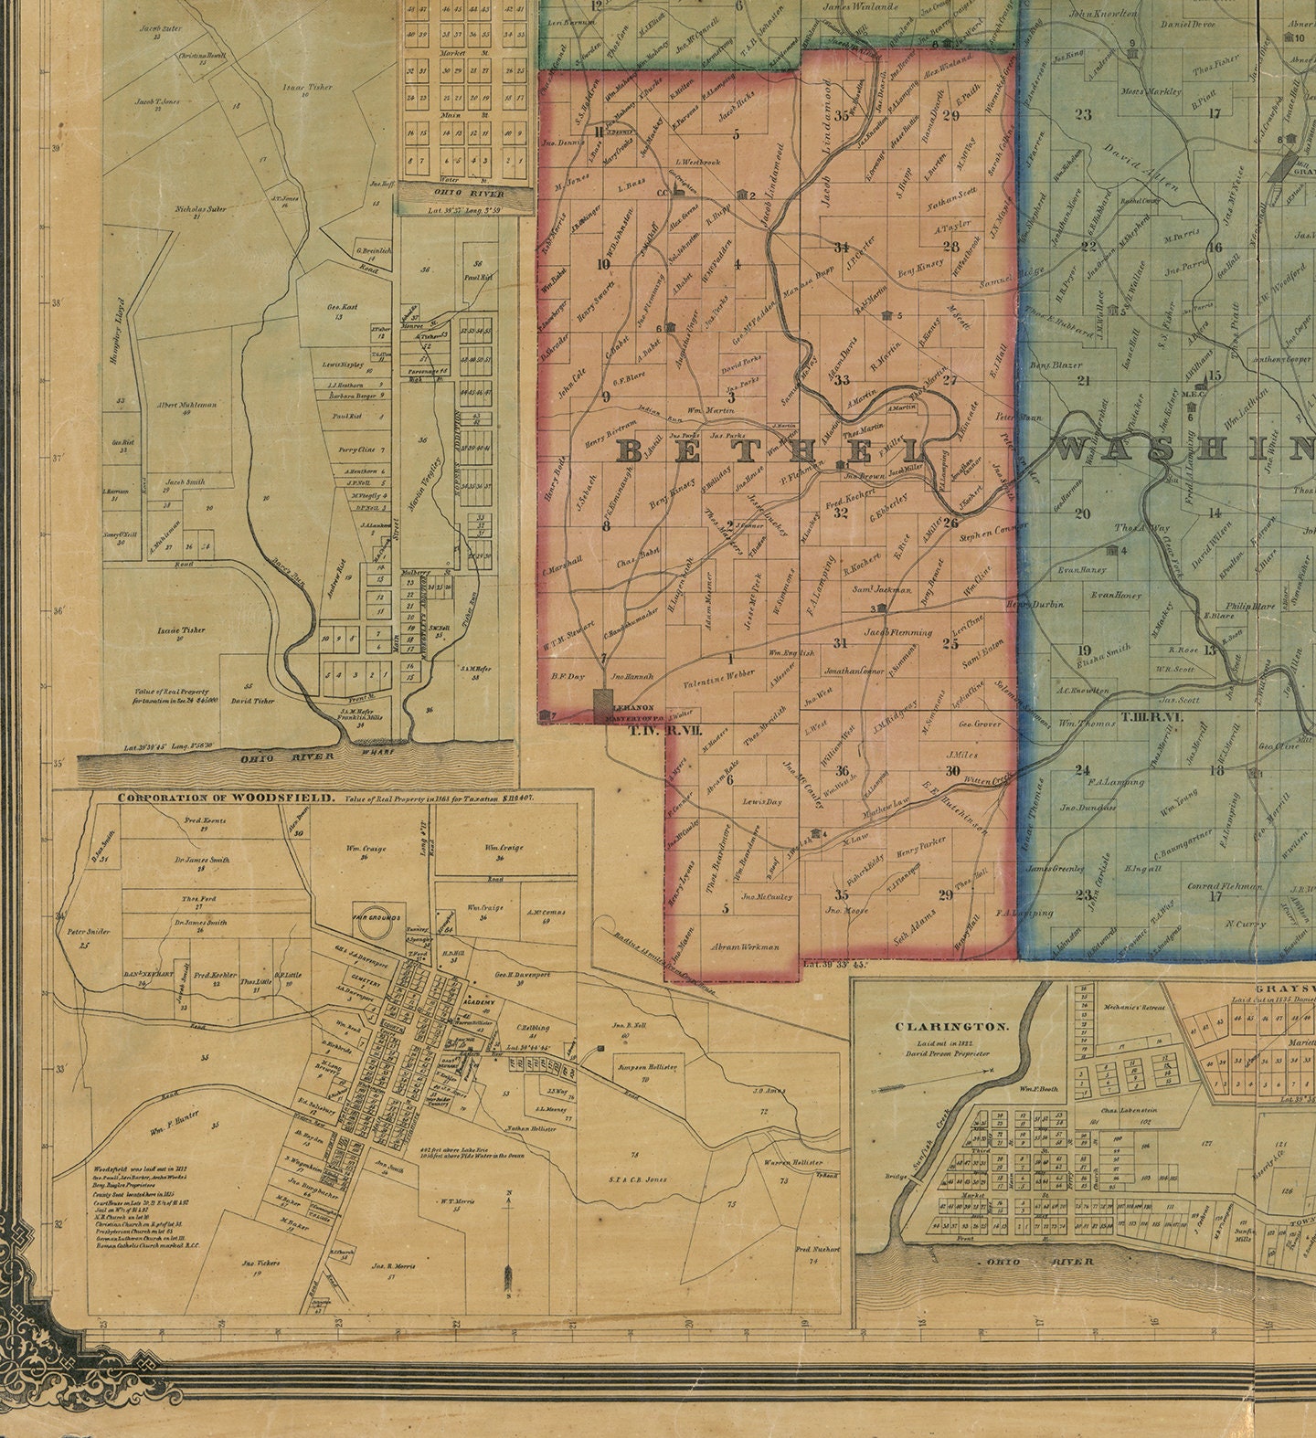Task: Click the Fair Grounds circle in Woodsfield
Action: [372, 925]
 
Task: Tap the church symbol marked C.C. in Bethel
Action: [678, 189]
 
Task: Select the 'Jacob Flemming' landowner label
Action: [897, 631]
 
